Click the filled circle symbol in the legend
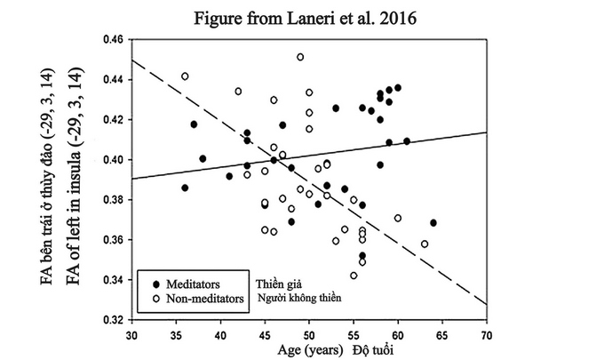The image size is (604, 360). pos(147,283)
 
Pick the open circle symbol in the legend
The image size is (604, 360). pos(147,298)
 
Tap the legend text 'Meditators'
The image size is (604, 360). pos(190,283)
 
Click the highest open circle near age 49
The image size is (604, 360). pos(300,57)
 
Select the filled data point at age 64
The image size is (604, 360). pos(433,222)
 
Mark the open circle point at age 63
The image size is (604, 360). pos(425,244)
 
